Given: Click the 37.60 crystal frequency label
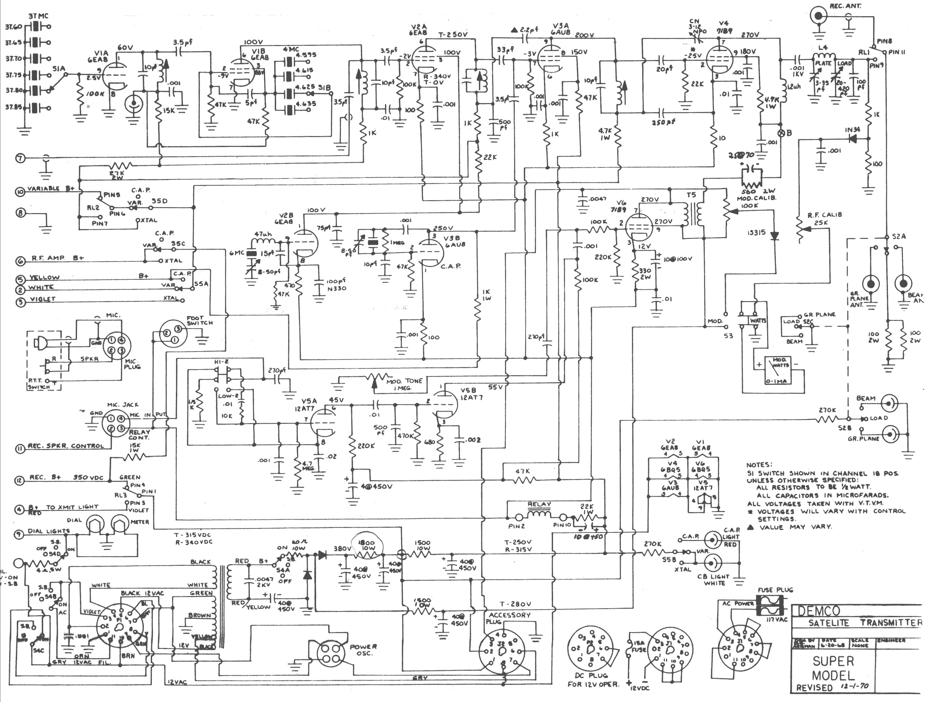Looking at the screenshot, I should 13,27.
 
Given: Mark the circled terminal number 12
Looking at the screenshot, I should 20,478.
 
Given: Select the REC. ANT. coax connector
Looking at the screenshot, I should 819,17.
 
